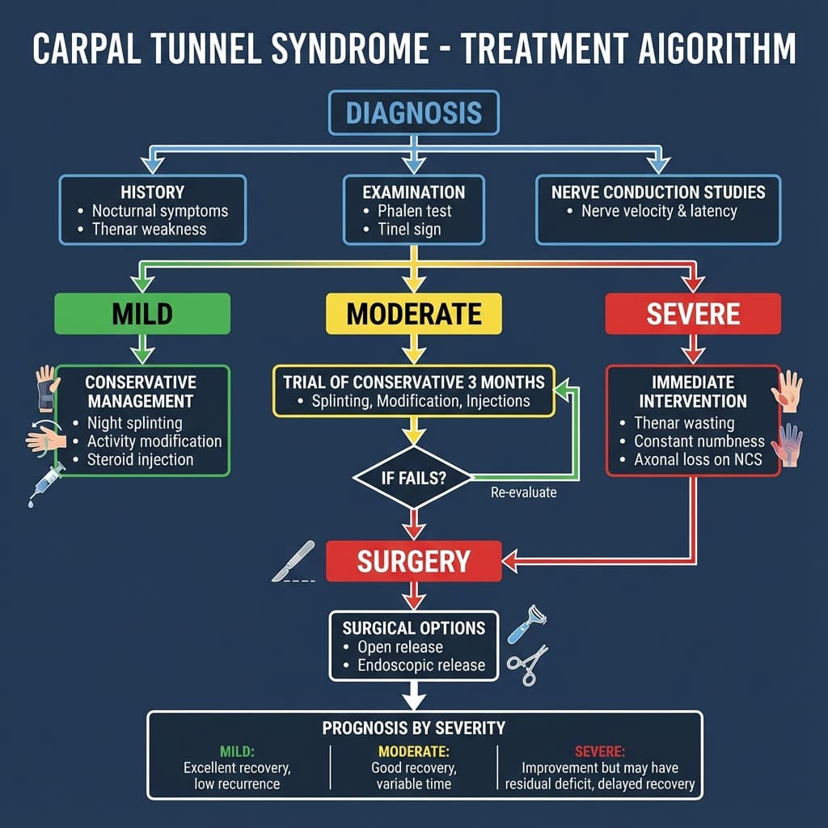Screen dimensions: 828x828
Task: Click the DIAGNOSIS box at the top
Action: pos(413,112)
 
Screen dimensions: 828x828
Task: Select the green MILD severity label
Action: pos(142,314)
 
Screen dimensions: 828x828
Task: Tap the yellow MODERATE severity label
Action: pos(413,314)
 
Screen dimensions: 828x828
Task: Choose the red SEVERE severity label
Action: pos(693,314)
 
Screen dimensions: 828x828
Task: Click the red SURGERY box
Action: pos(413,561)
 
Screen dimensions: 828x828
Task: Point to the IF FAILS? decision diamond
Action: pos(413,478)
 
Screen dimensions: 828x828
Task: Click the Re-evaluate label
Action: pos(523,492)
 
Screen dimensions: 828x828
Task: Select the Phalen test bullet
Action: pos(414,211)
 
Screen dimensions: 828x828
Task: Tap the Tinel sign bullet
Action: pos(409,229)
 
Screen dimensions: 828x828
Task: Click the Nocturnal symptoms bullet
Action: pos(159,211)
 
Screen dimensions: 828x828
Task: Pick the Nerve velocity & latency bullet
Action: pos(658,211)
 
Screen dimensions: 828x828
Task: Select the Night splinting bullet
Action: pos(134,423)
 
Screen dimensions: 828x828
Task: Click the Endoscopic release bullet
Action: pos(420,665)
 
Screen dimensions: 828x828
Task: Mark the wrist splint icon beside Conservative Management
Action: pos(47,388)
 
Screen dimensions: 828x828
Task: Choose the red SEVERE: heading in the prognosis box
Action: pos(599,750)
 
